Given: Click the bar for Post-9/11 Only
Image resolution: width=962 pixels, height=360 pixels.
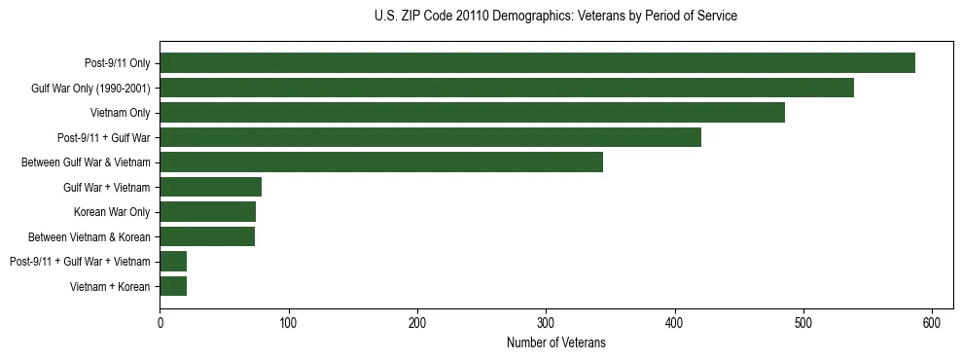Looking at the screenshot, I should (537, 63).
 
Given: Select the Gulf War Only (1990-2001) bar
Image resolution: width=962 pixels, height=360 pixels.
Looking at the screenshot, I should (507, 88).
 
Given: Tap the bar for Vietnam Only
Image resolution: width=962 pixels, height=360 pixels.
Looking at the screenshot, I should (472, 113).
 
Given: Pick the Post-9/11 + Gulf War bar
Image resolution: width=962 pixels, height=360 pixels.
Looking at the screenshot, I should (430, 137).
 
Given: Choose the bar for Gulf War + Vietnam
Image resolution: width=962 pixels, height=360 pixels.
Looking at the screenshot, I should (210, 187).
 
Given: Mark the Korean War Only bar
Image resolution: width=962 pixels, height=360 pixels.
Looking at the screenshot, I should (207, 212).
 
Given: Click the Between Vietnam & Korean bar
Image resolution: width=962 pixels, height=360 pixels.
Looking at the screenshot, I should (207, 236).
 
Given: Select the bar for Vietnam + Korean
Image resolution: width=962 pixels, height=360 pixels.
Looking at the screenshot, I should (173, 286).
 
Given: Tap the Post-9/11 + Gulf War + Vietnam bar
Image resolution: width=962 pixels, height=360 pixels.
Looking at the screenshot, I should (173, 261).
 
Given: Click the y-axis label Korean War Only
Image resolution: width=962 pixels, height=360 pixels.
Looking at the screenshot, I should (111, 212).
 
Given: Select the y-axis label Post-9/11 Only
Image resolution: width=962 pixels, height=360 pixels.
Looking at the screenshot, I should (117, 63).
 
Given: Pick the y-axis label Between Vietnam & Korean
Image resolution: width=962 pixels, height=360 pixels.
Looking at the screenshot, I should (89, 236).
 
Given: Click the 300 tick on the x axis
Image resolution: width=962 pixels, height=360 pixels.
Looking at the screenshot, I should (546, 322).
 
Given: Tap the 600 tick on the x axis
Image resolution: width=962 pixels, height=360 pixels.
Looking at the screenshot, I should (932, 322).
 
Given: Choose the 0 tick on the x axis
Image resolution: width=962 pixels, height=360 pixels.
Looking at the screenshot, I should (160, 322).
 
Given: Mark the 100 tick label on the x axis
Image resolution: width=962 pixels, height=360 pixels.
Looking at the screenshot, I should (288, 322).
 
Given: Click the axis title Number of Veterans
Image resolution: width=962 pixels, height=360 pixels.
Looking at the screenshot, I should (555, 342).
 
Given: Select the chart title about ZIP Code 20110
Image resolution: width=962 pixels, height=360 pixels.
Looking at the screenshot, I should (555, 17).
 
